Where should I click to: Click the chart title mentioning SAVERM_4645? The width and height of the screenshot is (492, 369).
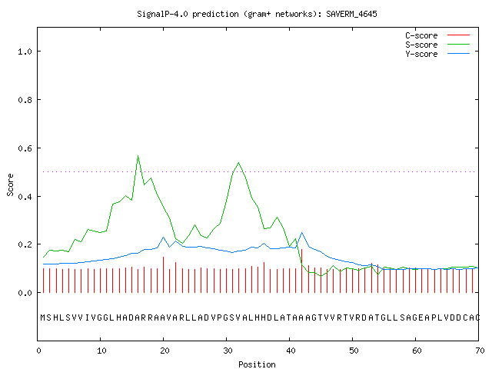[x=257, y=14]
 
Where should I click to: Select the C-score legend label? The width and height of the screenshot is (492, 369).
[x=421, y=35]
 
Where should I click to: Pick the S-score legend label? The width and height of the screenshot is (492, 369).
[x=421, y=45]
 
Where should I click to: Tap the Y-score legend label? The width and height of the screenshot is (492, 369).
[x=421, y=54]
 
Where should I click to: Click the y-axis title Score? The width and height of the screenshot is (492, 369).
[x=10, y=184]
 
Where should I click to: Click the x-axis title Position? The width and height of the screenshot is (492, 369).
[x=257, y=364]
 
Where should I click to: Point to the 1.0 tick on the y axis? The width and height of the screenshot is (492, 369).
[x=25, y=52]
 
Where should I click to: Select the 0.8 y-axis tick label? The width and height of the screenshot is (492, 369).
[x=25, y=100]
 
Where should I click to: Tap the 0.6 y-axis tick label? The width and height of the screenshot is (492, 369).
[x=25, y=148]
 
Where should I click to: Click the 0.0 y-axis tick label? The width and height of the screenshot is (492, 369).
[x=25, y=293]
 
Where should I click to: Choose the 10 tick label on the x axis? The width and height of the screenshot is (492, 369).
[x=101, y=351]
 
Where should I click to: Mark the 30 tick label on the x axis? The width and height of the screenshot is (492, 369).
[x=228, y=351]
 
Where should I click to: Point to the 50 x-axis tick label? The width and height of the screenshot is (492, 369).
[x=354, y=351]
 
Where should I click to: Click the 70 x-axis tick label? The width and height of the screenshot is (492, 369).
[x=480, y=351]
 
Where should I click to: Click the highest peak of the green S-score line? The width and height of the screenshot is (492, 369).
[x=138, y=155]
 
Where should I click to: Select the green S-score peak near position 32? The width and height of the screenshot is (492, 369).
[x=239, y=162]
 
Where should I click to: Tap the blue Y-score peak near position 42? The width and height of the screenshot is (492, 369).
[x=302, y=232]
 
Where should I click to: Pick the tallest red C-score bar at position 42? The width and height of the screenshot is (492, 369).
[x=302, y=271]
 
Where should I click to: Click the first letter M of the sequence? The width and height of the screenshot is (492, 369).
[x=43, y=317]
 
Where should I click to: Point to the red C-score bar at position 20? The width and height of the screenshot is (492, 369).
[x=163, y=274]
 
